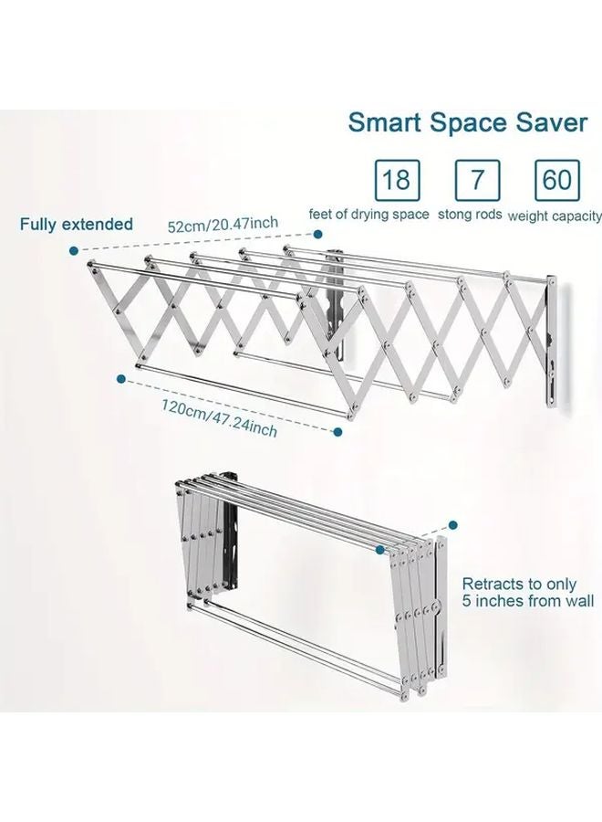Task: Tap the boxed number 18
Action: (x=395, y=179)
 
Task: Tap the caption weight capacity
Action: (x=554, y=216)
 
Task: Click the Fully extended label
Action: (x=78, y=225)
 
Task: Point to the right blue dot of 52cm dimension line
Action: (x=319, y=235)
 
